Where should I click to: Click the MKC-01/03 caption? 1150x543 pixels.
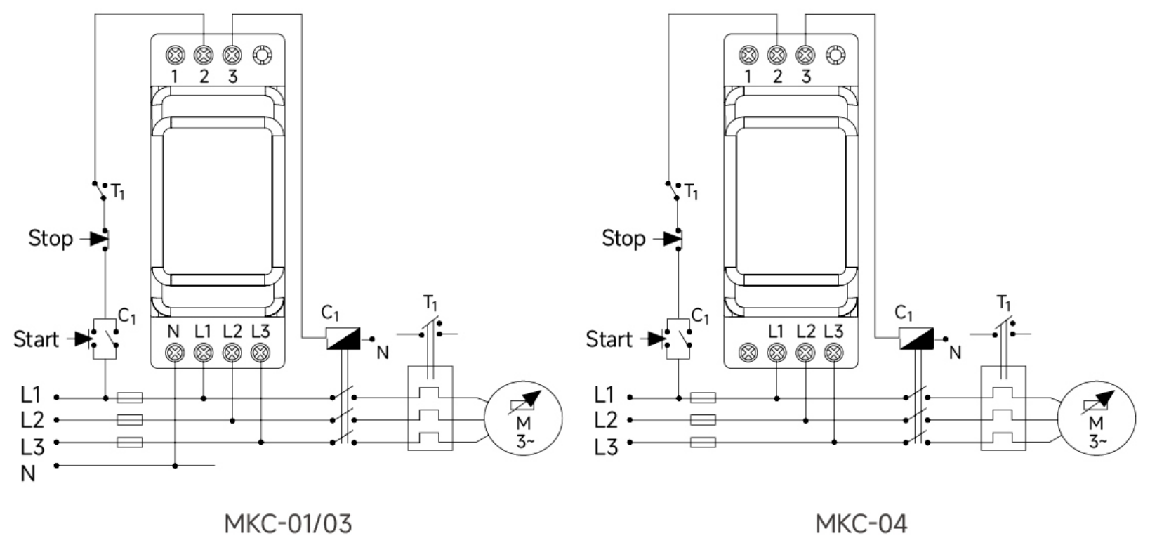click(x=288, y=523)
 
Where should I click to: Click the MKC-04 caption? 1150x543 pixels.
click(x=861, y=523)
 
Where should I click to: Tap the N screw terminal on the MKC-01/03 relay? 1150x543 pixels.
click(x=175, y=353)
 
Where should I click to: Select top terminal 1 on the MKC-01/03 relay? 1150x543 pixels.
click(x=175, y=55)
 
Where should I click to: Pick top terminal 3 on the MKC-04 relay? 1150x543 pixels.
click(x=805, y=55)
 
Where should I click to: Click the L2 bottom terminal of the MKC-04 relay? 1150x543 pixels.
click(x=805, y=353)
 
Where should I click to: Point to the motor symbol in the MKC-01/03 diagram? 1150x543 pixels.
click(x=523, y=418)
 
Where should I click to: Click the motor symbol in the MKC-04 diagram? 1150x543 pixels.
click(x=1096, y=418)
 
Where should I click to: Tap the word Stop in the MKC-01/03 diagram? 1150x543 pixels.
click(x=51, y=238)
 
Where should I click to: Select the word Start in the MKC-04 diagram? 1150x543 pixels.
click(x=609, y=339)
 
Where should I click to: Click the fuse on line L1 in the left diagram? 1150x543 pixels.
click(x=130, y=398)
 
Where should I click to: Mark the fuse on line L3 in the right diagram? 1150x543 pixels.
click(x=703, y=442)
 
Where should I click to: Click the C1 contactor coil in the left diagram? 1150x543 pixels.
click(x=343, y=339)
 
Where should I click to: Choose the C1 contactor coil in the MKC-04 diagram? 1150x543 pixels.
click(x=916, y=339)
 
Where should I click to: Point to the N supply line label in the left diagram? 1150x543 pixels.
click(x=28, y=473)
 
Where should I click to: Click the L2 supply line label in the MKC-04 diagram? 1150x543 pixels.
click(x=605, y=420)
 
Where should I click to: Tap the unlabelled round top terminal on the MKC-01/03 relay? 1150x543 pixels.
click(x=263, y=55)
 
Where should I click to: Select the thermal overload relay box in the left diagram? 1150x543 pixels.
click(x=430, y=408)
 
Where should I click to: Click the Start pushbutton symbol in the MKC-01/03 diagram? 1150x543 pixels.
click(x=97, y=339)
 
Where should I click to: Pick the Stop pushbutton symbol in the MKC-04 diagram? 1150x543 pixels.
click(x=670, y=239)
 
